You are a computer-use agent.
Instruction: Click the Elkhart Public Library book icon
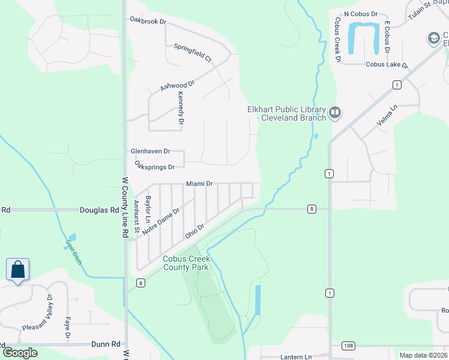tap(335, 112)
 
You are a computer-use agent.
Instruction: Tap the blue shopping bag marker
tap(18, 269)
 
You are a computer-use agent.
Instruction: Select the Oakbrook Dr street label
tap(148, 20)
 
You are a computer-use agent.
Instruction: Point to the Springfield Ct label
tap(193, 53)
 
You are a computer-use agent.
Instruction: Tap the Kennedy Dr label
tap(180, 108)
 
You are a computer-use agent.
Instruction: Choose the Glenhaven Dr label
tap(151, 152)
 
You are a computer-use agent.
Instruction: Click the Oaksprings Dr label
tap(154, 166)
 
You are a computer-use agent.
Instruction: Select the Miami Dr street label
tap(199, 183)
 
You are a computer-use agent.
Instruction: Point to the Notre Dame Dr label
tap(161, 221)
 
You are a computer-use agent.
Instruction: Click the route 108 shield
tap(348, 346)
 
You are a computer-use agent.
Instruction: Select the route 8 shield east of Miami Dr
tap(312, 209)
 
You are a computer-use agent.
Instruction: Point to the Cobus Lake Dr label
tap(387, 65)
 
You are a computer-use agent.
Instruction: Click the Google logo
tap(20, 353)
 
